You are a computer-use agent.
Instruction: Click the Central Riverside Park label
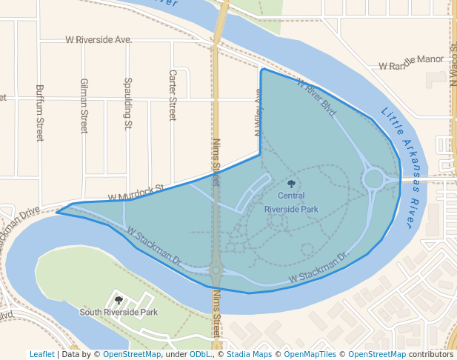point(291,202)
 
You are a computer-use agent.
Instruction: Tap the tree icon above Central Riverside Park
point(291,183)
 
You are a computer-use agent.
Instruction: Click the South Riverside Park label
point(119,313)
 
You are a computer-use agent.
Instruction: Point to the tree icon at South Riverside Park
point(119,300)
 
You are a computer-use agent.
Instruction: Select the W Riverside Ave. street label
point(99,39)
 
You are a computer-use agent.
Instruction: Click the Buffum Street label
point(39,113)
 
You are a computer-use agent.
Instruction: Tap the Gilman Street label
point(84,105)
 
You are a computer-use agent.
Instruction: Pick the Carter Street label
point(173,96)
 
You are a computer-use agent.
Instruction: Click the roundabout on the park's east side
point(373,179)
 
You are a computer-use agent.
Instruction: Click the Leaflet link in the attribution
point(41,354)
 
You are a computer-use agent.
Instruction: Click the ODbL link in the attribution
point(199,354)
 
